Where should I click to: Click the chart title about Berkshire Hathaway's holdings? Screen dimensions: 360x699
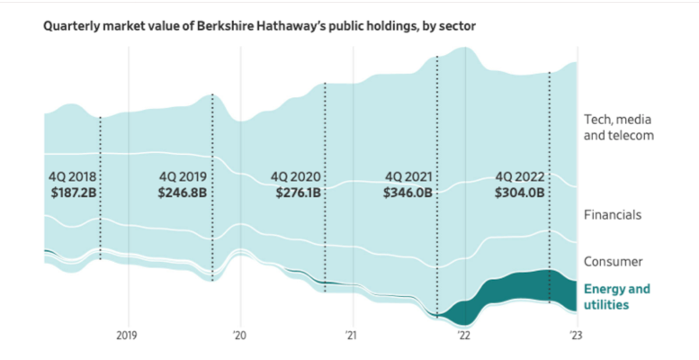click(x=260, y=26)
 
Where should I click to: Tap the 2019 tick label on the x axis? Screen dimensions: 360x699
click(x=127, y=335)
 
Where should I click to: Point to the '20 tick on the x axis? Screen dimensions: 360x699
click(x=240, y=335)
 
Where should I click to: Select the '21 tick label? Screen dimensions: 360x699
click(x=352, y=335)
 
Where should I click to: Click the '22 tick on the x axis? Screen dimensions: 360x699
click(x=464, y=335)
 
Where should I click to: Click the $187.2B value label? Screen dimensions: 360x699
click(x=70, y=193)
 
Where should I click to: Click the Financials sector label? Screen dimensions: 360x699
click(x=613, y=215)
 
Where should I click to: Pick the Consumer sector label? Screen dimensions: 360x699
click(x=613, y=262)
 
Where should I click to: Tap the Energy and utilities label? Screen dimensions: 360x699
click(x=616, y=297)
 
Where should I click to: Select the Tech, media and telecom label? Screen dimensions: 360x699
click(x=617, y=127)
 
